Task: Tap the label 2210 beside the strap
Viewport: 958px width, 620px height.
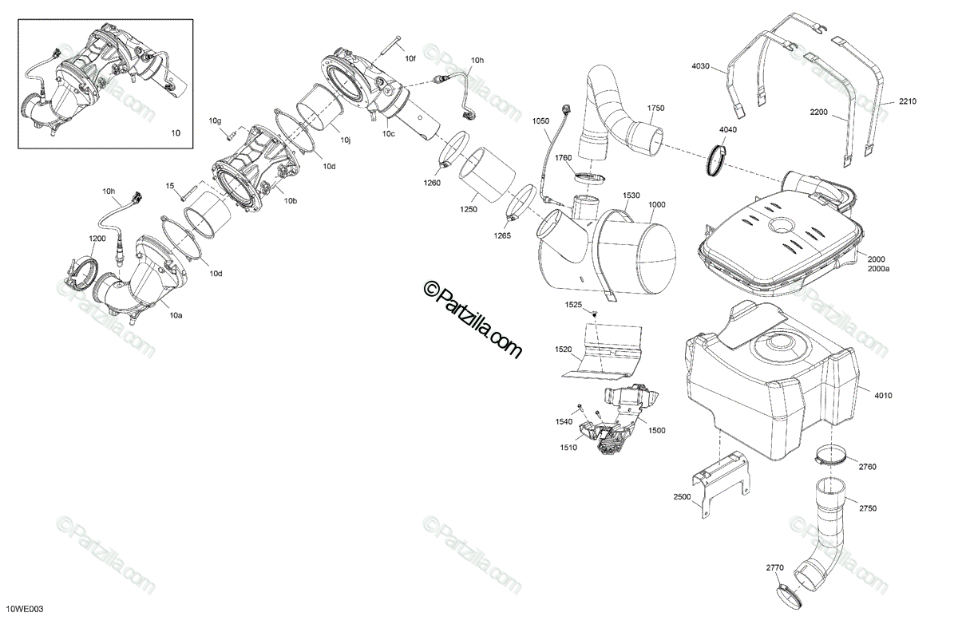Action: click(908, 101)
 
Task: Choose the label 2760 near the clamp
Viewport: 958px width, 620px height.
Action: click(868, 466)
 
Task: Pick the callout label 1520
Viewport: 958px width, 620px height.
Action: click(564, 349)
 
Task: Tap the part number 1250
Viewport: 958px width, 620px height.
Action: click(469, 209)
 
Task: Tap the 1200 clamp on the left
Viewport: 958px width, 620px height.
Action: click(83, 270)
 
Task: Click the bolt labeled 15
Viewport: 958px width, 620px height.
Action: click(185, 192)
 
